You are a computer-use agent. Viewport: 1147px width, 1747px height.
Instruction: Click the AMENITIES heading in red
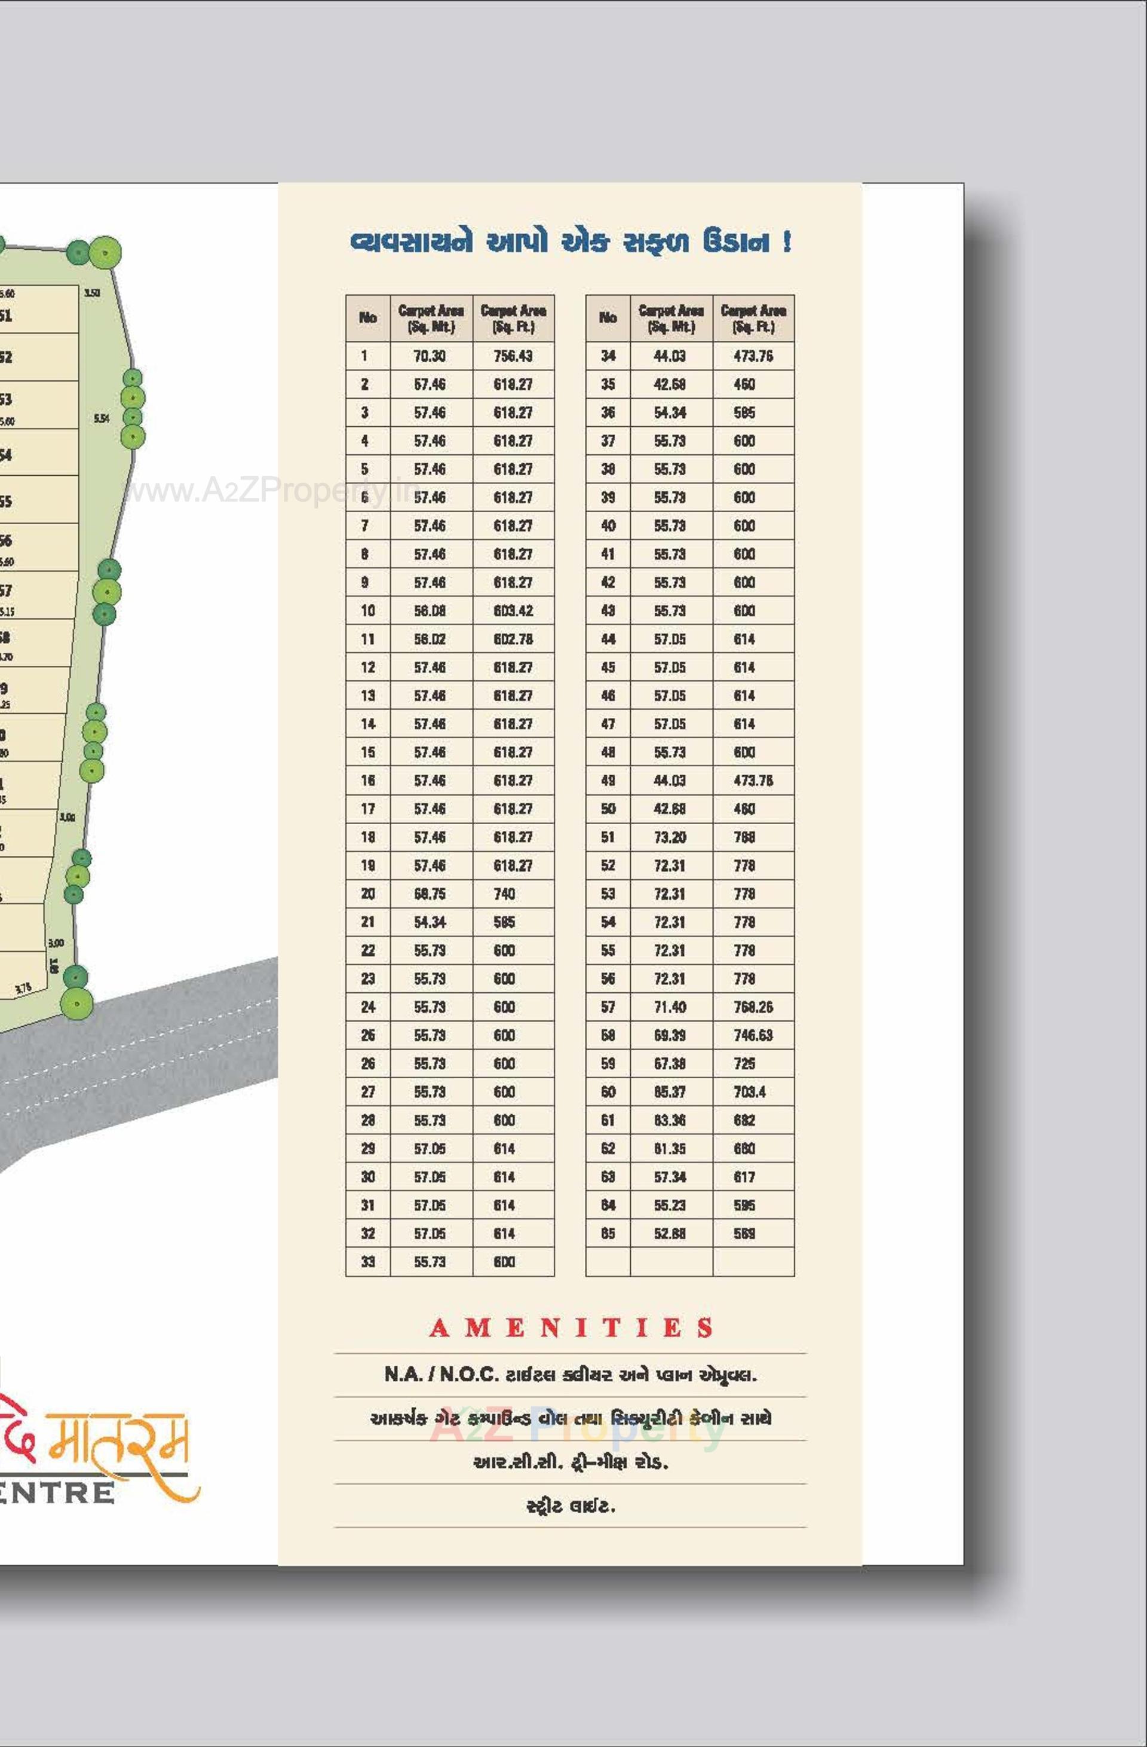571,1328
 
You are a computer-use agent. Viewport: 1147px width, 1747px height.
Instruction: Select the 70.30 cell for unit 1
430,356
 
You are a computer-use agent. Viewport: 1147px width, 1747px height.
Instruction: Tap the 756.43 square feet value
513,356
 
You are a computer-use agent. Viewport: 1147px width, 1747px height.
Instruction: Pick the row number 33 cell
367,1262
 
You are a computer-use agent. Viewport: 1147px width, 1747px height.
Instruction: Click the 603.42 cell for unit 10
513,611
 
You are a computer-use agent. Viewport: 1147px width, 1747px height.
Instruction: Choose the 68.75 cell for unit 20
430,894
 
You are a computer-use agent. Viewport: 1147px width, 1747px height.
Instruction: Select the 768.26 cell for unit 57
753,1007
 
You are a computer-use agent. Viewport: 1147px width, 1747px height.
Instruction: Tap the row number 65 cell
608,1234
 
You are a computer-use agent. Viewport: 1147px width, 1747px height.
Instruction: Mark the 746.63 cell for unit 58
753,1036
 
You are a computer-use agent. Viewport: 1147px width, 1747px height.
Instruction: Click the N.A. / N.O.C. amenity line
570,1374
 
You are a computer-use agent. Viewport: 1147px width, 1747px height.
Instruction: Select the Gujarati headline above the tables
570,241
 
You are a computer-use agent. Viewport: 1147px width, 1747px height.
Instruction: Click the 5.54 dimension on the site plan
102,418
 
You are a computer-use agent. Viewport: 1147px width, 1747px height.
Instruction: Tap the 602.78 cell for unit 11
513,640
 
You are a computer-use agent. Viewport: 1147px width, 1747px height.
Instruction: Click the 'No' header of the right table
608,318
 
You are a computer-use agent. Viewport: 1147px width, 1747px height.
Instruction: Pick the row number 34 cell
608,356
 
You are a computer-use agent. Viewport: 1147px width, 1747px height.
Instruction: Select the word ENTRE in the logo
57,1492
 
